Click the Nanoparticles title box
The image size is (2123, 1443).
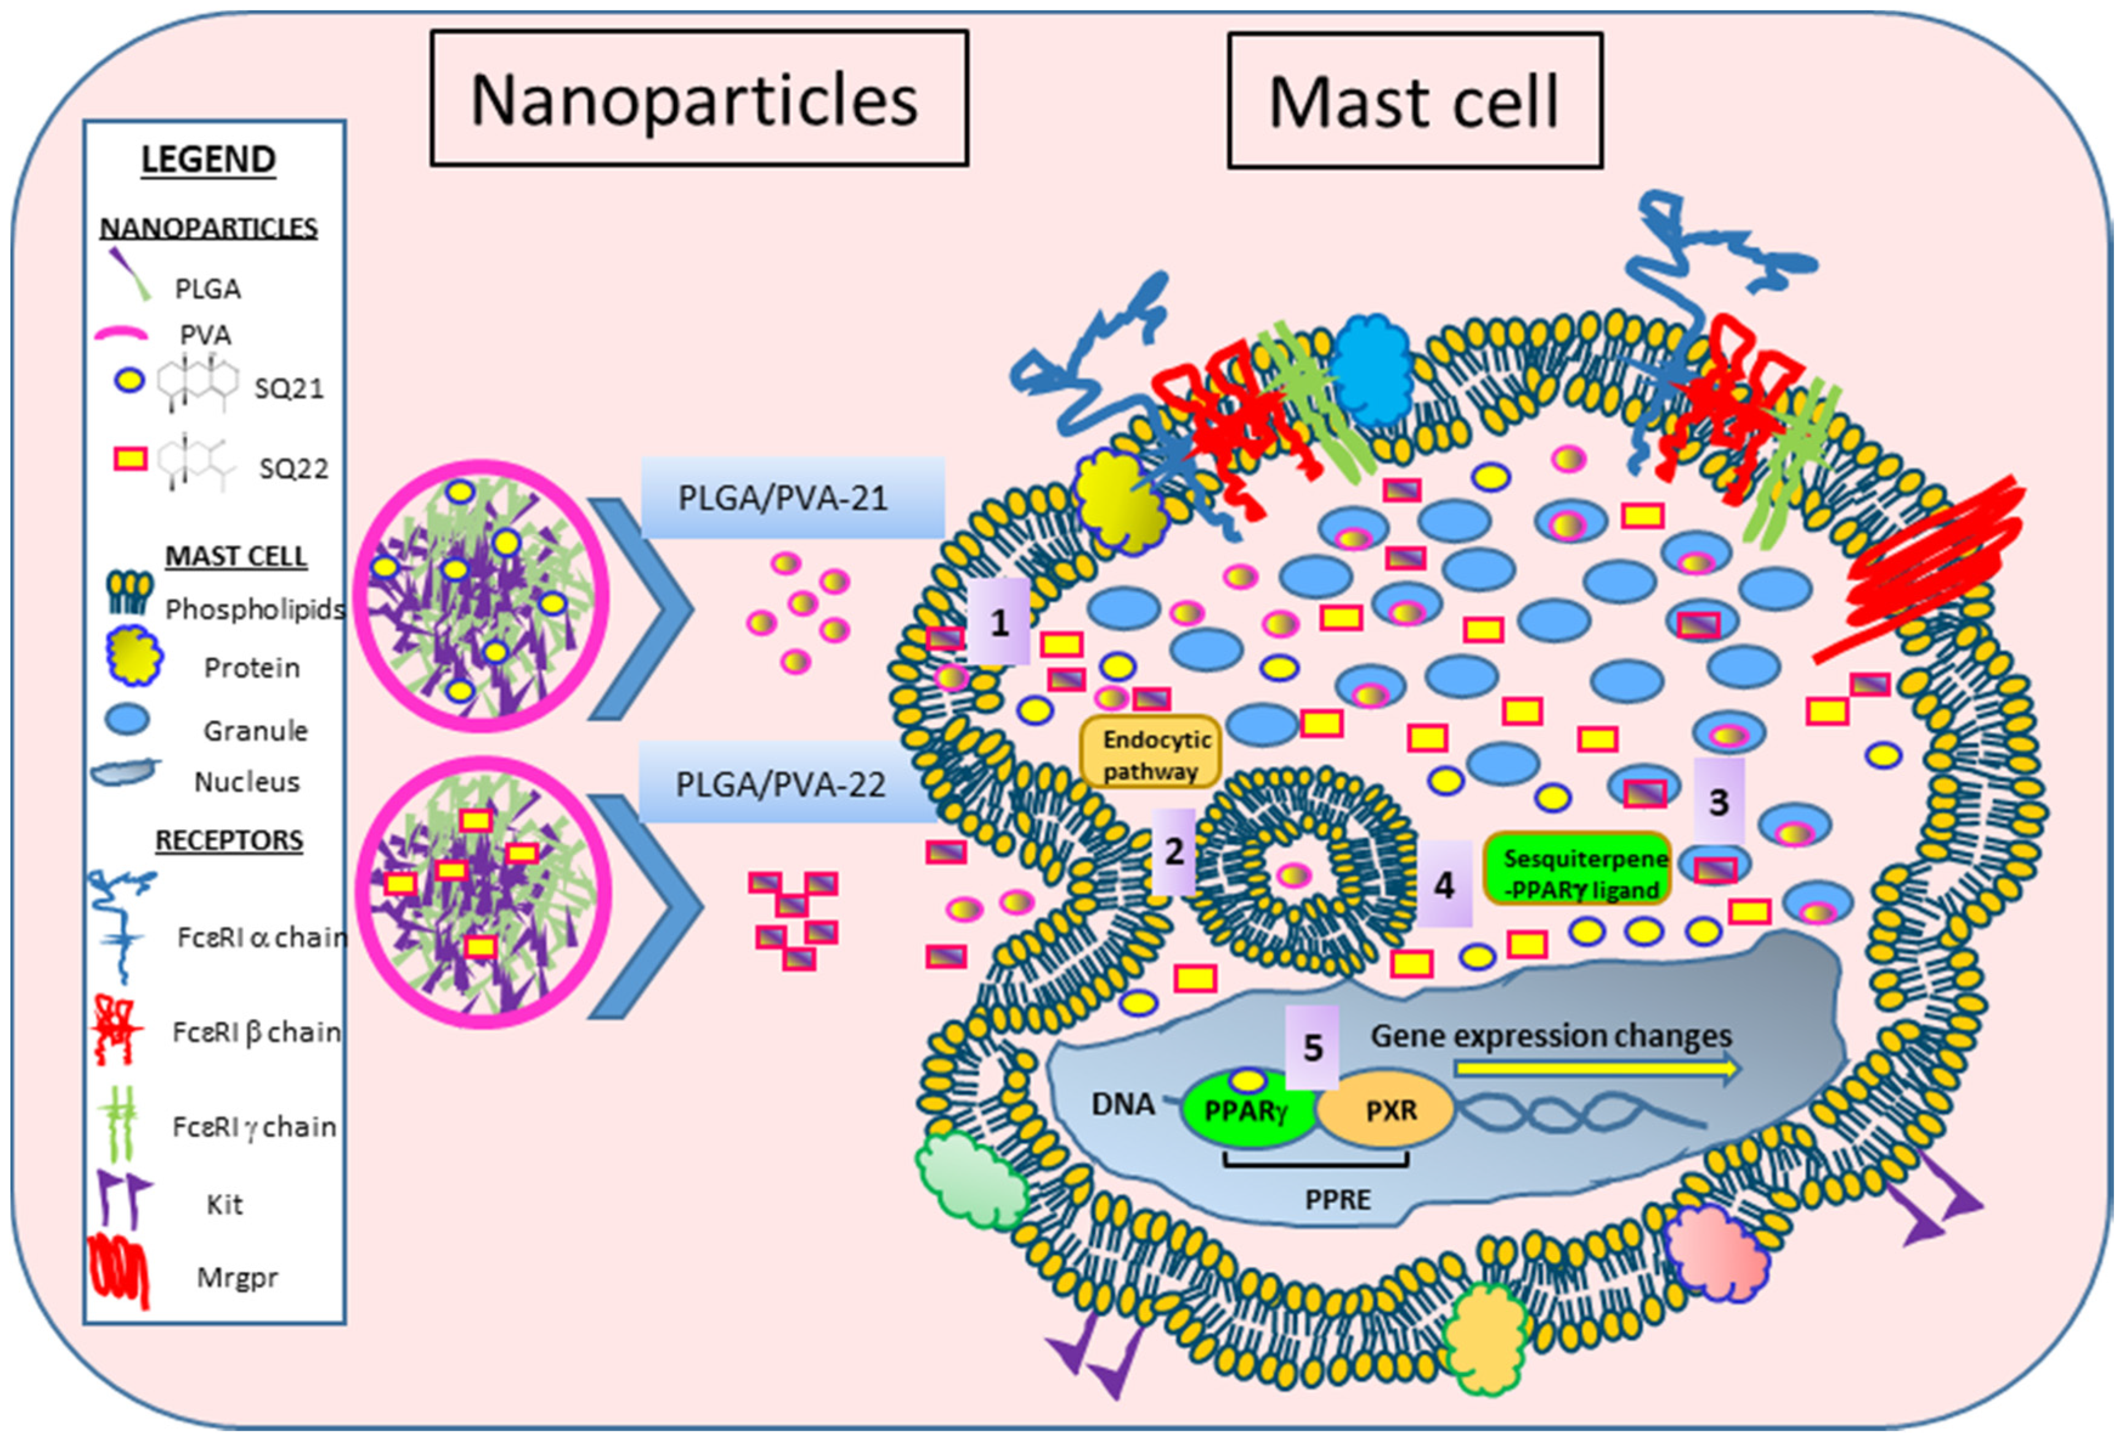coord(699,99)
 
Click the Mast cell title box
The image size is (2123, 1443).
coord(1414,101)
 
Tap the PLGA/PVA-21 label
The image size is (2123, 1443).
coord(791,498)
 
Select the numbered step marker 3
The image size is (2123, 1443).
coord(1718,800)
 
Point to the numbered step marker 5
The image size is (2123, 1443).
coord(1312,1047)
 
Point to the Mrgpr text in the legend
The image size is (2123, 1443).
coord(237,1277)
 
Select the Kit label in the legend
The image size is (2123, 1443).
coord(225,1204)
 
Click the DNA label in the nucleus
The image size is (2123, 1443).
coord(1123,1103)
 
